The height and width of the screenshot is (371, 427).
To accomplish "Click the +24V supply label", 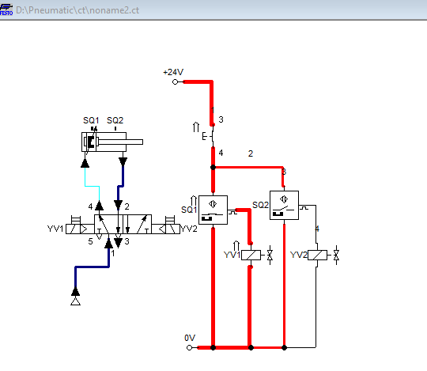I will click(172, 72).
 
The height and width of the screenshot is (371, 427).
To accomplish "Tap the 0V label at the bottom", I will click(189, 338).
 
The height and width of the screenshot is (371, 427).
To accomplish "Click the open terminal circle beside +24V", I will click(175, 81).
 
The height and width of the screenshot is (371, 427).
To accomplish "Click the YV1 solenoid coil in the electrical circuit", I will click(250, 256).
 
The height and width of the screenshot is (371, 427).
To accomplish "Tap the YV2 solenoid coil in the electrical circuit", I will click(316, 256).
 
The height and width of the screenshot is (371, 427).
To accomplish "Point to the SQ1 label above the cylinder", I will click(91, 121).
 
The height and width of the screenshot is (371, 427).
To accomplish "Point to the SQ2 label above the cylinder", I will click(115, 121).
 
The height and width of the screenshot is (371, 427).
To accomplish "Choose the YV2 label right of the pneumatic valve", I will click(188, 229).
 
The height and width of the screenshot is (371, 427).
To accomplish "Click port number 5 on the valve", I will click(90, 242).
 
